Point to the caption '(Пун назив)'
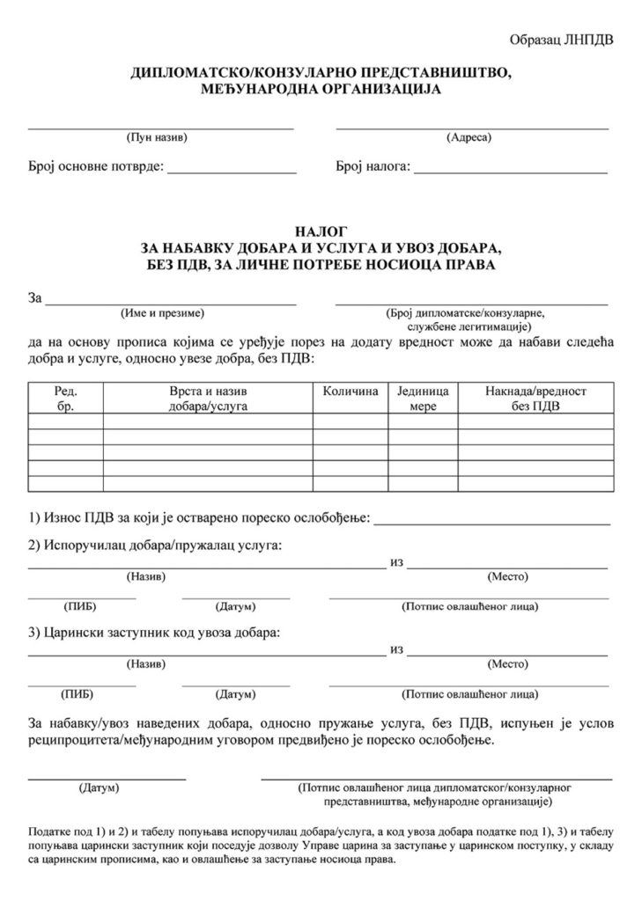pyautogui.click(x=159, y=137)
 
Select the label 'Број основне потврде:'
pyautogui.click(x=90, y=167)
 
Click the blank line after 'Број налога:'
pyautogui.click(x=511, y=169)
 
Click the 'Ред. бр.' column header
pyautogui.click(x=66, y=398)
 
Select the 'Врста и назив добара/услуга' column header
pyautogui.click(x=209, y=398)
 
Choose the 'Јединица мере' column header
pyautogui.click(x=423, y=398)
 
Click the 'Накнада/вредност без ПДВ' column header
pyautogui.click(x=535, y=398)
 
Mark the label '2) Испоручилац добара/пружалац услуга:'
pyautogui.click(x=155, y=546)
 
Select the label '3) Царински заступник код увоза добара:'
pyautogui.click(x=154, y=632)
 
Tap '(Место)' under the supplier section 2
pyautogui.click(x=507, y=576)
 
